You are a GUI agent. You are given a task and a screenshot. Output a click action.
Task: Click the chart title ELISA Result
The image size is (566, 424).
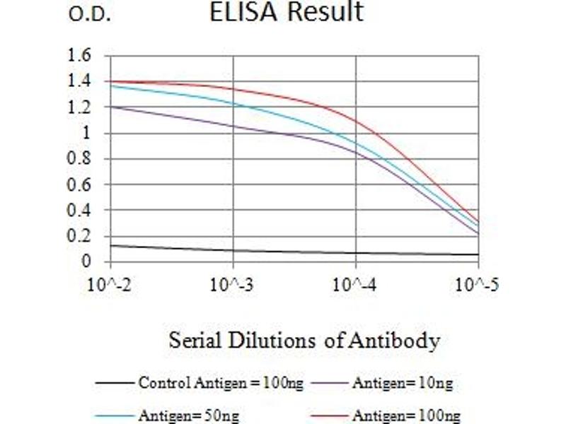[287, 12]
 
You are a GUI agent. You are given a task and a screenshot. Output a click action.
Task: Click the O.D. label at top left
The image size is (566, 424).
[90, 15]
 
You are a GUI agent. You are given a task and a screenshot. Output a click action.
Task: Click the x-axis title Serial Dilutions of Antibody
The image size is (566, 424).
[304, 341]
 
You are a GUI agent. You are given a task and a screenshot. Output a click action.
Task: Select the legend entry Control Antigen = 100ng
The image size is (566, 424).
[221, 384]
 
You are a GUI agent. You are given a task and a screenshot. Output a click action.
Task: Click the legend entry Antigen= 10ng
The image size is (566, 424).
[402, 384]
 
